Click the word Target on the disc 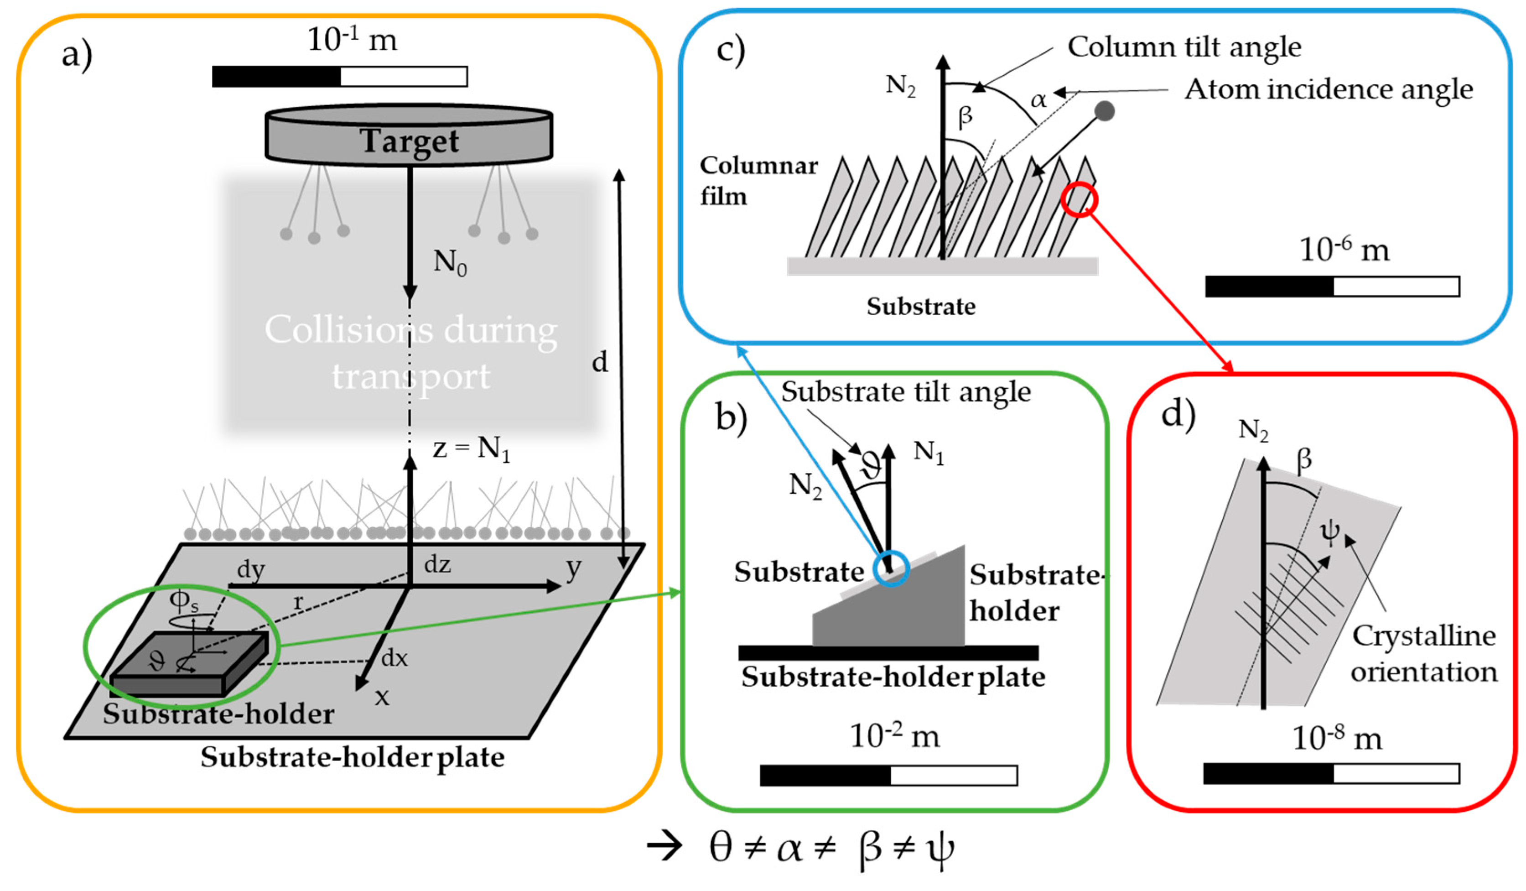[410, 141]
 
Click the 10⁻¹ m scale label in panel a [352, 40]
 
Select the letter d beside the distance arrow [599, 362]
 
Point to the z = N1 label [471, 449]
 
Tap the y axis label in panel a [573, 568]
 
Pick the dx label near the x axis [394, 658]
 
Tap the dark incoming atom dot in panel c [1105, 111]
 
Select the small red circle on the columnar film [1079, 200]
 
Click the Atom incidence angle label [1329, 89]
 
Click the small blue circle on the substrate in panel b [891, 568]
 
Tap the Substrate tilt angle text [905, 391]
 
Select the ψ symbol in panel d [1330, 533]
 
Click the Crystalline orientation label [1423, 654]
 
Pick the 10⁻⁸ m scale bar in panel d [1331, 773]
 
